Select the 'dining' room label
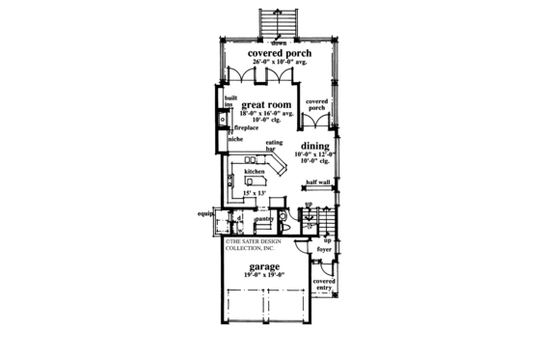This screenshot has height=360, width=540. [315, 146]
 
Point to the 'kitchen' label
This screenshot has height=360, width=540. [254, 171]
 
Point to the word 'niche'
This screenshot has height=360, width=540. [235, 138]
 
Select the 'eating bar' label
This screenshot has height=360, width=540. [276, 146]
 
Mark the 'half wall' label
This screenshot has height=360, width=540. [317, 181]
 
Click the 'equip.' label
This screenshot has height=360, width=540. [203, 215]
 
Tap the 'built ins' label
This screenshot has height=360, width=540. [229, 100]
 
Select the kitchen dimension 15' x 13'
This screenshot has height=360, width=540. [255, 195]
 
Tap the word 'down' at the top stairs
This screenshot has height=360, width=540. [278, 43]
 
